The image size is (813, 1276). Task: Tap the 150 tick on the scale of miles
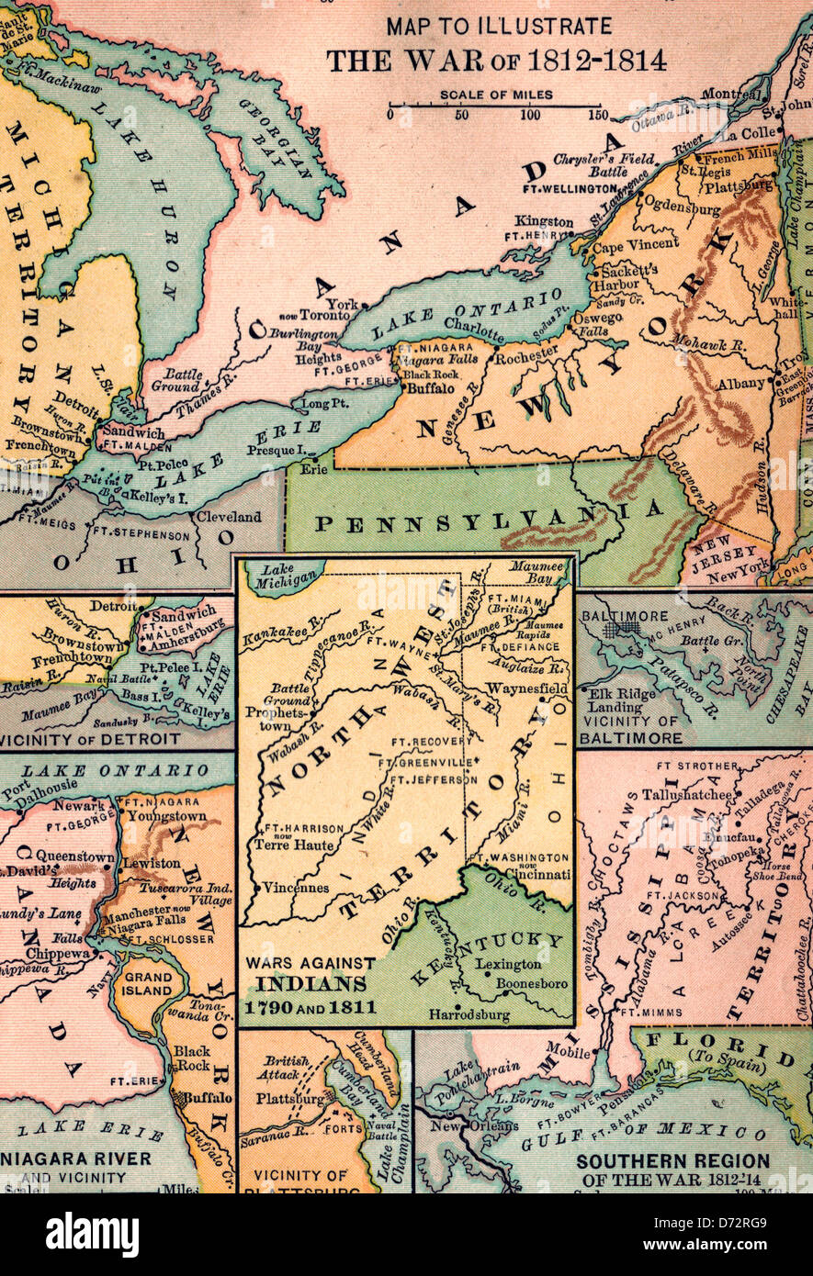tap(599, 115)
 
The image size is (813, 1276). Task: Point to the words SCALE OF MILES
tap(495, 95)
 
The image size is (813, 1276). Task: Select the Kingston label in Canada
tap(543, 221)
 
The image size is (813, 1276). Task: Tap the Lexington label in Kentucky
tap(508, 965)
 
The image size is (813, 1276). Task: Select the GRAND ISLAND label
tap(148, 983)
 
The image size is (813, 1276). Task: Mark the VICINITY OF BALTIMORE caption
tap(631, 729)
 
